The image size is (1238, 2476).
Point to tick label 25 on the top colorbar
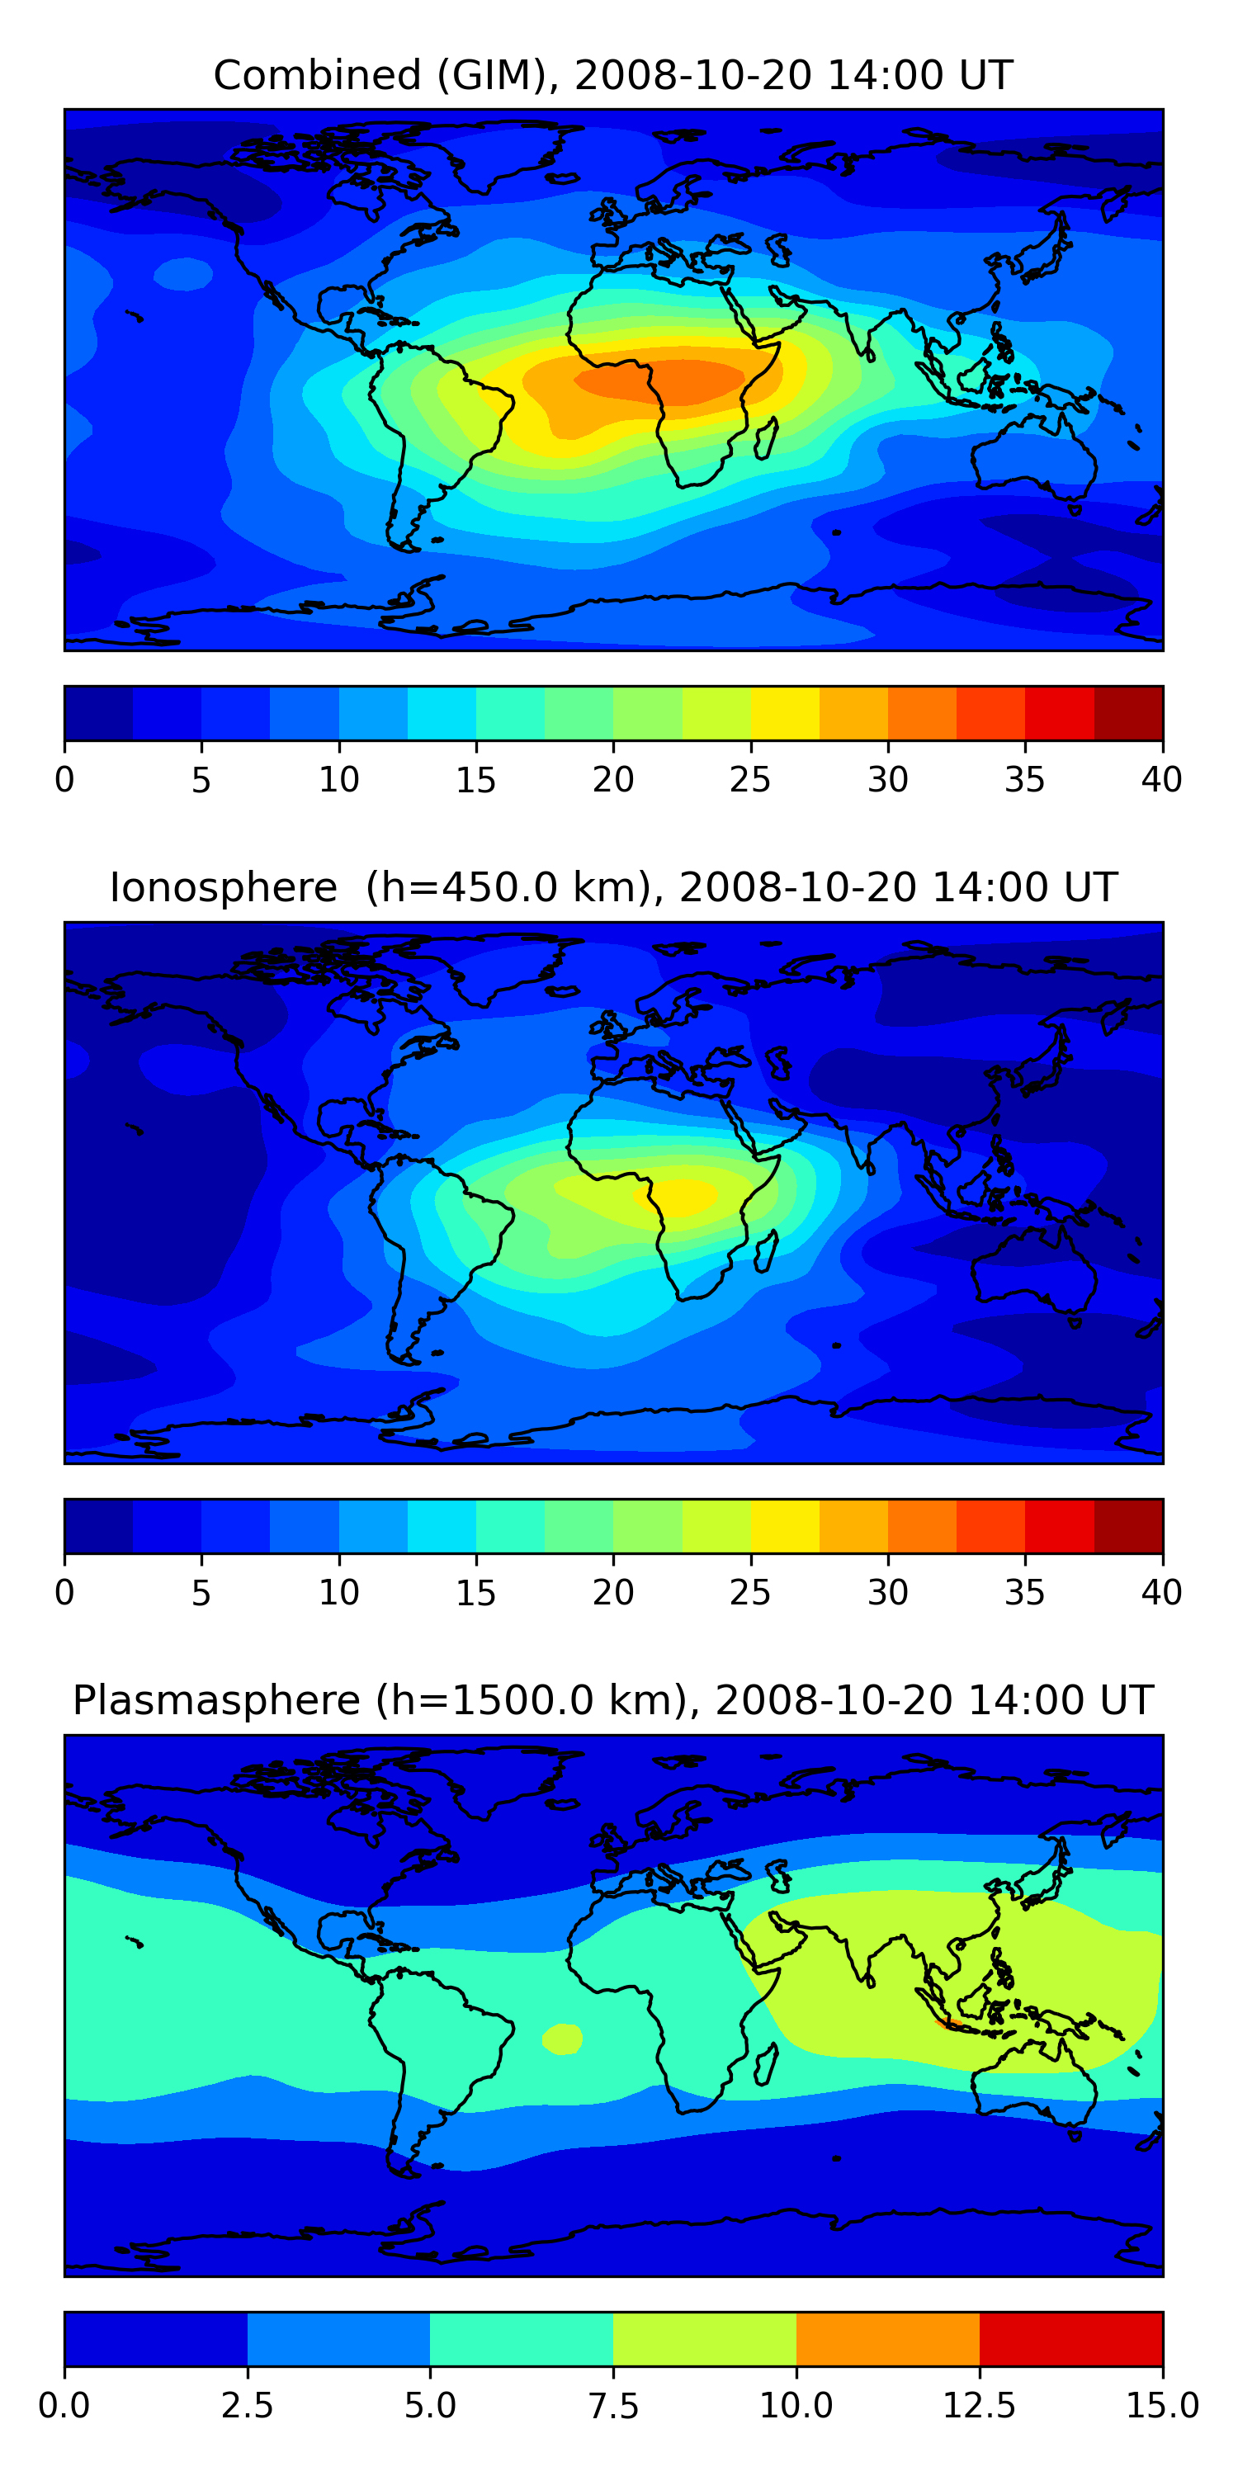pyautogui.click(x=749, y=779)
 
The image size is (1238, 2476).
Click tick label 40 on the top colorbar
pyautogui.click(x=1161, y=779)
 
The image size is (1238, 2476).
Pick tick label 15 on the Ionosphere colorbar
pyautogui.click(x=475, y=1593)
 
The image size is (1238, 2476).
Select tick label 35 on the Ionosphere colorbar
pyautogui.click(x=1024, y=1593)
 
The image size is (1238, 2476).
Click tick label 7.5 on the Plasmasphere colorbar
pyautogui.click(x=613, y=2406)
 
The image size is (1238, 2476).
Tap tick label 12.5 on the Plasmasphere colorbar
pyautogui.click(x=979, y=2406)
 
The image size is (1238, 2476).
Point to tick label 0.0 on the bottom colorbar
pyautogui.click(x=64, y=2406)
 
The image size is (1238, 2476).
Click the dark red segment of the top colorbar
pyautogui.click(x=1128, y=713)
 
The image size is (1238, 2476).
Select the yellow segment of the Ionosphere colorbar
pyautogui.click(x=784, y=1525)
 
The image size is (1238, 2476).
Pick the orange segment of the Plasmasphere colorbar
pyautogui.click(x=887, y=2338)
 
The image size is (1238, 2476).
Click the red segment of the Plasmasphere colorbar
pyautogui.click(x=1070, y=2338)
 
